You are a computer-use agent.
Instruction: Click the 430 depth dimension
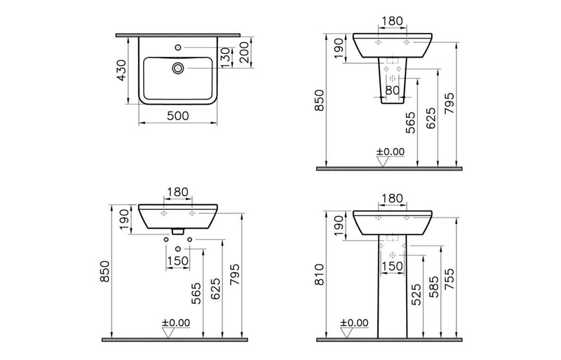click(x=121, y=70)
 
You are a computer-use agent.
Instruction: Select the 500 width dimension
click(x=177, y=116)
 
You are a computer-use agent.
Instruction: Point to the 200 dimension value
click(x=244, y=53)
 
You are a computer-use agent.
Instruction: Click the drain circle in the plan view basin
click(x=178, y=68)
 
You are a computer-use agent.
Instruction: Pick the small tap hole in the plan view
click(x=178, y=48)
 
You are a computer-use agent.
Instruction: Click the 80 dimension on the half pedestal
click(x=392, y=90)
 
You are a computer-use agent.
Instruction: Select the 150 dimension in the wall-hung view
click(x=178, y=260)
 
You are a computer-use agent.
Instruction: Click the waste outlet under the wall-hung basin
click(x=178, y=231)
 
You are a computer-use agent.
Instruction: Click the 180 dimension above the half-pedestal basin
click(x=392, y=21)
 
